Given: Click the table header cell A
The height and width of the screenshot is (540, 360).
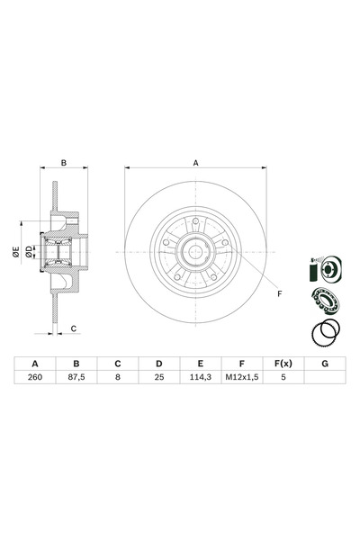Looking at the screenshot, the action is [x=35, y=364].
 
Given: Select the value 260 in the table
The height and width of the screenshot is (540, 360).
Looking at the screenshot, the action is [x=35, y=377].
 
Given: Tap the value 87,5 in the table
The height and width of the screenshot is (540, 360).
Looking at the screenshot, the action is [x=76, y=377].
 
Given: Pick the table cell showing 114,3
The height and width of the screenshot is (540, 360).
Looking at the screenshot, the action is [x=201, y=377].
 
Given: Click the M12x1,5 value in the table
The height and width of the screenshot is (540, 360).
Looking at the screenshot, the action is [x=242, y=377].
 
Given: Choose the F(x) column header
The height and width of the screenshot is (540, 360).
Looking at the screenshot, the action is [x=283, y=364].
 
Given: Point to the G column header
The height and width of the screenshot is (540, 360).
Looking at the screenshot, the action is [x=325, y=364].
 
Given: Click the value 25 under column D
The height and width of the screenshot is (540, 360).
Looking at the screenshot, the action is [x=159, y=377].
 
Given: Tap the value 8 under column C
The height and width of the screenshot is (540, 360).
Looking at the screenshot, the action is [x=118, y=377].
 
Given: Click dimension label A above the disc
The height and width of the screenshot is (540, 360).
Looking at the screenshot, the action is [x=195, y=163].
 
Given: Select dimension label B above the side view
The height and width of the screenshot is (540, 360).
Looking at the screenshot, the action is [x=64, y=163].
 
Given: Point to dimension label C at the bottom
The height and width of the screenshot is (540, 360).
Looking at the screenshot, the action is [x=74, y=328].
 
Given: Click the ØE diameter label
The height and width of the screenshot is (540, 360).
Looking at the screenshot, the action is [x=16, y=252].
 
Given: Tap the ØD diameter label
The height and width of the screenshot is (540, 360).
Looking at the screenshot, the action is [x=30, y=252].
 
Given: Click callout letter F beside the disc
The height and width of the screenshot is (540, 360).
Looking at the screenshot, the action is [x=280, y=293].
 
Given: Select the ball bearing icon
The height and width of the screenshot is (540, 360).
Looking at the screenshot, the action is [x=326, y=301].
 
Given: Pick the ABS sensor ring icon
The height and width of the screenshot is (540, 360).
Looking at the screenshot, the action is [x=326, y=332].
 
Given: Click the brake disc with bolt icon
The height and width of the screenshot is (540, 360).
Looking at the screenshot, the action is [x=326, y=269].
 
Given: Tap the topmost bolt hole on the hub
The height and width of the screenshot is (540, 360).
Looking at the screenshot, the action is [x=195, y=220].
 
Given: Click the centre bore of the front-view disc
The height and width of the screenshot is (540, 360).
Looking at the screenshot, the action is [x=195, y=252].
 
